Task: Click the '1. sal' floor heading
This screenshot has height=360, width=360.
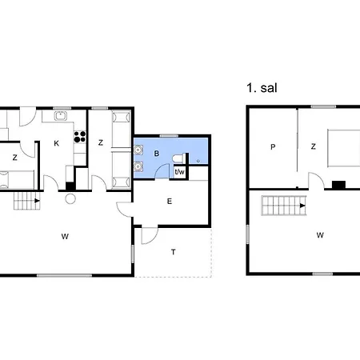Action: click(x=262, y=88)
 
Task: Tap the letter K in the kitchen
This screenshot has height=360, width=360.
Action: click(x=56, y=143)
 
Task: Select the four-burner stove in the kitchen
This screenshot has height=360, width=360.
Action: click(x=80, y=137)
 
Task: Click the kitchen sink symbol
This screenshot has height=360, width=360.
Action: click(x=61, y=116)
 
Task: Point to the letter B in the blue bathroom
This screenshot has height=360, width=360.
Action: click(x=157, y=154)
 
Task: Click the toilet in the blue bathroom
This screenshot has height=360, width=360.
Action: click(x=178, y=158)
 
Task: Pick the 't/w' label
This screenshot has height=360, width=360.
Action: click(x=179, y=172)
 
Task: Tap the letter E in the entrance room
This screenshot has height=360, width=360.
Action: click(x=170, y=201)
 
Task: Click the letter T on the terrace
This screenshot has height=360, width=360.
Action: click(x=174, y=252)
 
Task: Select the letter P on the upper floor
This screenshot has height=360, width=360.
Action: click(x=273, y=147)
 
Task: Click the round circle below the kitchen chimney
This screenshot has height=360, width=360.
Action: click(x=70, y=198)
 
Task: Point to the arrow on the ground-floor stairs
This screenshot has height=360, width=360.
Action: click(x=37, y=201)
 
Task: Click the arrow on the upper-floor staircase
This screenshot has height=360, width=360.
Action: click(x=302, y=206)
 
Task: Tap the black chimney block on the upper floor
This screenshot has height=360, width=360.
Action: click(x=338, y=185)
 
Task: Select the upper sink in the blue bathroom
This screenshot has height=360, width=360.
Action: click(x=138, y=150)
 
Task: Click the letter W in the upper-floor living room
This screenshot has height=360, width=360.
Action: click(x=320, y=235)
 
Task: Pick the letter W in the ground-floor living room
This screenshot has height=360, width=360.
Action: click(x=65, y=237)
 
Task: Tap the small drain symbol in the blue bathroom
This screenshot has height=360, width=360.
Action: click(x=198, y=161)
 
